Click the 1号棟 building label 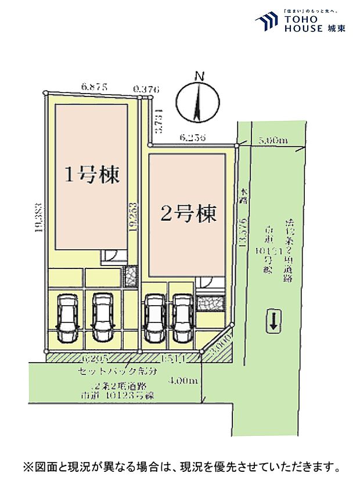[x=91, y=174]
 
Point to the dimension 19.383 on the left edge [x=39, y=218]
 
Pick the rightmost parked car [x=182, y=319]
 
